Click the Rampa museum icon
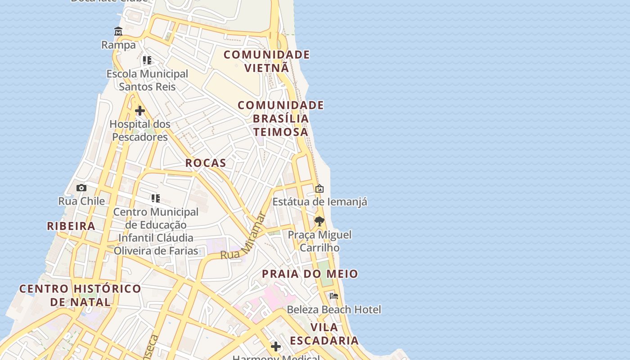pyautogui.click(x=118, y=31)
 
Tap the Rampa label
pyautogui.click(x=118, y=45)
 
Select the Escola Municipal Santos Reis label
pyautogui.click(x=147, y=80)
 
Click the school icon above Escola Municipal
pyautogui.click(x=147, y=60)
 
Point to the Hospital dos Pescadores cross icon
pyautogui.click(x=140, y=110)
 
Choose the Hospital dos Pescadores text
pyautogui.click(x=140, y=130)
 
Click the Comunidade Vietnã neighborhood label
pyautogui.click(x=267, y=61)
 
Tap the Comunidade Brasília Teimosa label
pyautogui.click(x=280, y=118)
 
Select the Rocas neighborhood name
pyautogui.click(x=206, y=163)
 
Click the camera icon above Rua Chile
pyautogui.click(x=81, y=188)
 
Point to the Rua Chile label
pyautogui.click(x=81, y=201)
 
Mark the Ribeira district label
pyautogui.click(x=71, y=226)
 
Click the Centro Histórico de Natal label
pyautogui.click(x=80, y=295)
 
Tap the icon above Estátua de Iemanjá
pyautogui.click(x=319, y=189)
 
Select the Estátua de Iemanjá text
pyautogui.click(x=319, y=202)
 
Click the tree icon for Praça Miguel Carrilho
pyautogui.click(x=319, y=221)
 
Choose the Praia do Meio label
pyautogui.click(x=310, y=274)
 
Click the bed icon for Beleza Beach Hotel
pyautogui.click(x=334, y=296)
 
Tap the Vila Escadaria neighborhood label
pyautogui.click(x=324, y=334)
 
